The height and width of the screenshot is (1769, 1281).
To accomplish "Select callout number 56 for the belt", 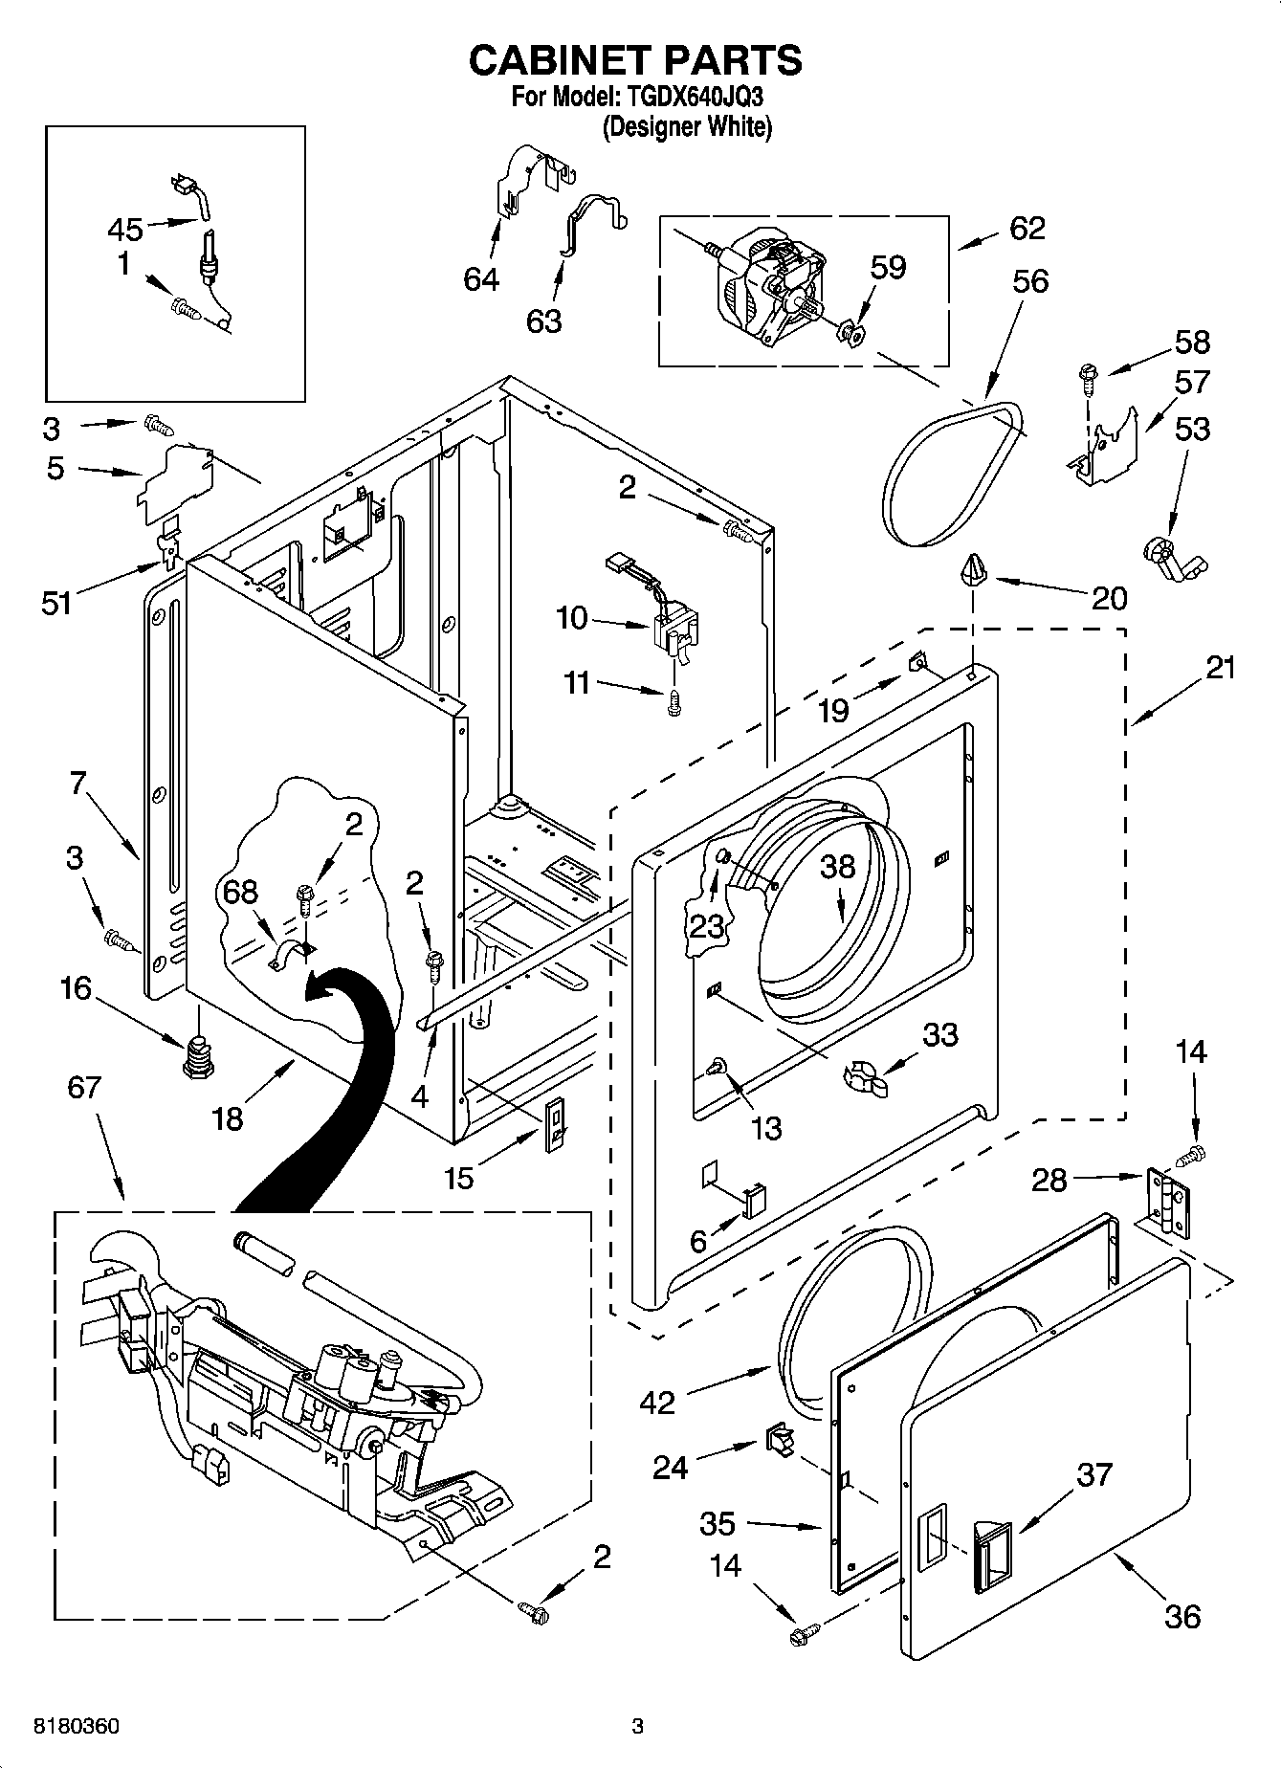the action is point(1029,281).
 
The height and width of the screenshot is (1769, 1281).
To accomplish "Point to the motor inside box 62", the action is point(765,286).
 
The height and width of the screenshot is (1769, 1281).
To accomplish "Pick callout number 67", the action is point(84,1087).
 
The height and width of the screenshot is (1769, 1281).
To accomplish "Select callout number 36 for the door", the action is point(1182,1617).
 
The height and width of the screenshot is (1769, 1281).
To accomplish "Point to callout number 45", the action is point(125,230).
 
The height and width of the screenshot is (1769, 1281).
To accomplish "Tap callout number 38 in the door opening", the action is point(838,867).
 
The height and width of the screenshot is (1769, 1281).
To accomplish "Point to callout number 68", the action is point(240,892).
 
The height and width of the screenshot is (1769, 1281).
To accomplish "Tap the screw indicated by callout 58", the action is point(1087,379).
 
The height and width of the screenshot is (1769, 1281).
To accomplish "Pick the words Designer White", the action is point(688,126).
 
